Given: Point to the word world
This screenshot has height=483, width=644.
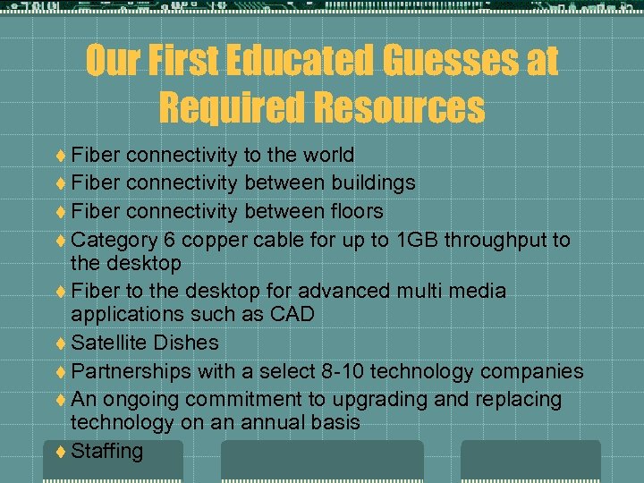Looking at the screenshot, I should coord(326,155).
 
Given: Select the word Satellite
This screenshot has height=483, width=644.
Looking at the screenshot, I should coord(108,343).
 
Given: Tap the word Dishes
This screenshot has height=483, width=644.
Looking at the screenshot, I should coord(185,343).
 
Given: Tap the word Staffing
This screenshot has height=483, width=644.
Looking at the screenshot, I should coord(107,451).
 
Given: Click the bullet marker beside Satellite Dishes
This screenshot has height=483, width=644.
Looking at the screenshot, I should coord(60,343).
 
